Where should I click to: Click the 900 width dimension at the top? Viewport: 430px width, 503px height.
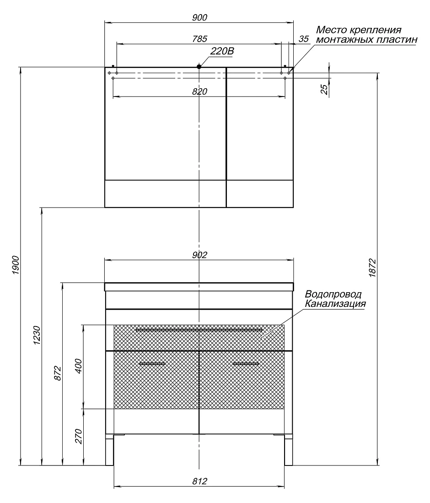(199, 17)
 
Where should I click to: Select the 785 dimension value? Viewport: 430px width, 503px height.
(199, 39)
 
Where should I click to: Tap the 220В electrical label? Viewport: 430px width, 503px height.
(222, 51)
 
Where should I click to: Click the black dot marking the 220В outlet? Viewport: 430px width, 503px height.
(199, 66)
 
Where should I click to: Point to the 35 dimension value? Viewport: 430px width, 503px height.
(304, 39)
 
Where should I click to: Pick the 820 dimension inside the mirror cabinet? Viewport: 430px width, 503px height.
(199, 91)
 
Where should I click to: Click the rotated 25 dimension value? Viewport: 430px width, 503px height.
(325, 89)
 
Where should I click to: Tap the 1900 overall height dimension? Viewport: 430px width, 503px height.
(16, 265)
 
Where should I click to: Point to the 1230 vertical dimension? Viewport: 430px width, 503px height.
(37, 335)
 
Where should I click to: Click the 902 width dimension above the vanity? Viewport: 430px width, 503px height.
(199, 255)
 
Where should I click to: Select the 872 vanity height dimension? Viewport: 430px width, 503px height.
(58, 373)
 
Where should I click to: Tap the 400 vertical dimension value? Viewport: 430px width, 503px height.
(78, 366)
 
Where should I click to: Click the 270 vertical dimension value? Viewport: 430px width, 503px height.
(78, 436)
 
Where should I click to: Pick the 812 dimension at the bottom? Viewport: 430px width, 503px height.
(199, 481)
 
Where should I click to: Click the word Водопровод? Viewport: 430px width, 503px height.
(333, 294)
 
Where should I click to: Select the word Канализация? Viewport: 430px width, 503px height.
(335, 304)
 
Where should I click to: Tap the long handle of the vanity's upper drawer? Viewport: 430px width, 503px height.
(199, 330)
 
